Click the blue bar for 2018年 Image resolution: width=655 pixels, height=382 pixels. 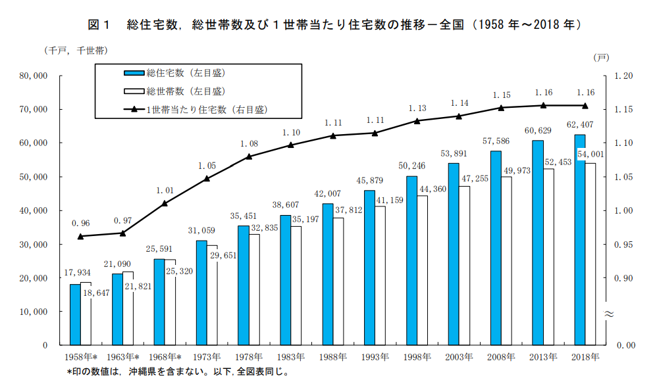pos(579,240)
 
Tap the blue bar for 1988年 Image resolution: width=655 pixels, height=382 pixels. pos(327,274)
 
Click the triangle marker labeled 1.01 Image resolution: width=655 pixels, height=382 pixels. pos(165,203)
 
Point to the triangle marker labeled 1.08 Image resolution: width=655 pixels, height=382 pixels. pos(249,156)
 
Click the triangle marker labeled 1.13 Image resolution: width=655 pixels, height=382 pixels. pos(417,121)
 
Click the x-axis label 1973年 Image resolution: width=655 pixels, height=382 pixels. pos(207,357)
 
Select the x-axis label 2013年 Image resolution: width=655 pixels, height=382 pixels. pos(543,357)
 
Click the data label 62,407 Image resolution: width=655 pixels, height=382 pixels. pos(581,124)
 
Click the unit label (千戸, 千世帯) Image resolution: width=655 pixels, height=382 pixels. pos(76,51)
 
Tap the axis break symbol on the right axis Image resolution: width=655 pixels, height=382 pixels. pos(608,314)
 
